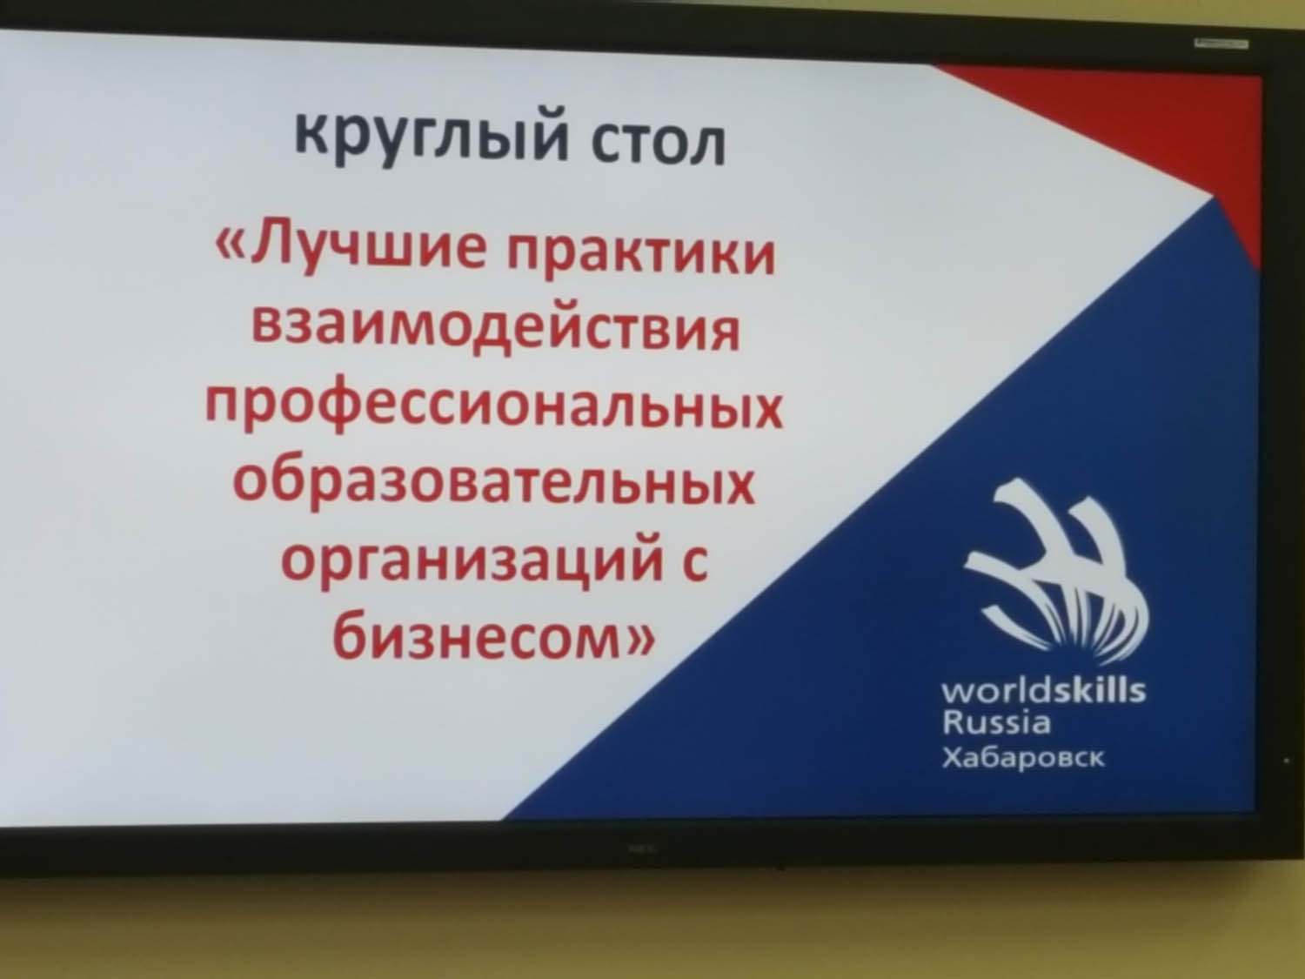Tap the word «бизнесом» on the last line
click(x=475, y=638)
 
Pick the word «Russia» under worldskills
click(x=996, y=722)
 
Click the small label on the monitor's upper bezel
click(x=1221, y=44)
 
